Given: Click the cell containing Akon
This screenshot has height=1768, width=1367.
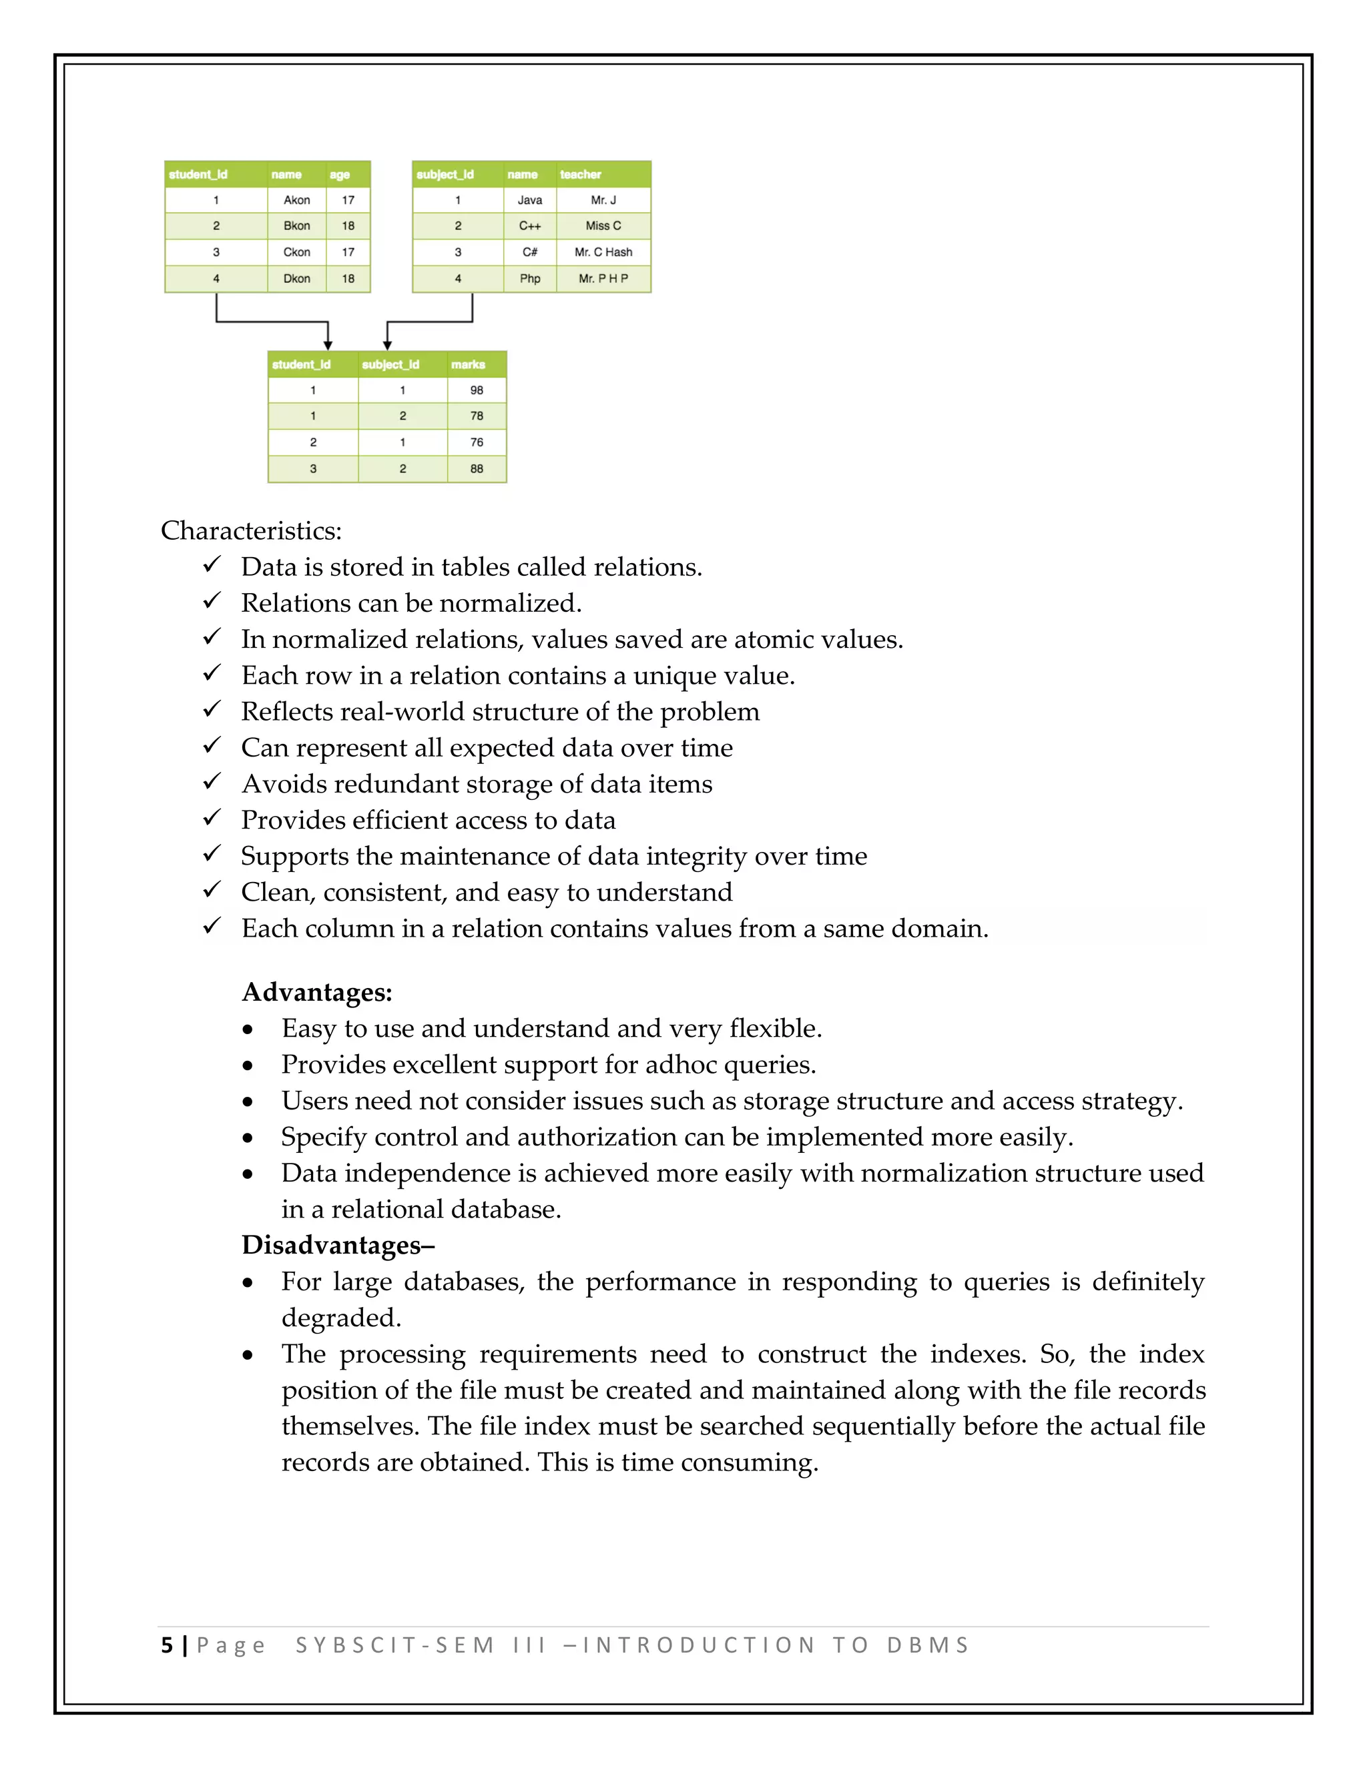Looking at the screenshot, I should point(296,200).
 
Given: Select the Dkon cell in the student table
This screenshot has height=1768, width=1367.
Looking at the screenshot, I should point(296,278).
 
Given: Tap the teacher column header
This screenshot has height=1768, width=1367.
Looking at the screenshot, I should point(581,174).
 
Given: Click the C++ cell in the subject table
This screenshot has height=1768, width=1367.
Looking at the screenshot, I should point(529,226).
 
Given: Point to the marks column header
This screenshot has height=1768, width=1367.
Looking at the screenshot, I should point(468,364).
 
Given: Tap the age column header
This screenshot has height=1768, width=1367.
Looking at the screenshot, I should point(339,174).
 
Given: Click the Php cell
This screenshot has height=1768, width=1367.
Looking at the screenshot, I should point(529,278).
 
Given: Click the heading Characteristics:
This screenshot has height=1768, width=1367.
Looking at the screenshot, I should point(251,531).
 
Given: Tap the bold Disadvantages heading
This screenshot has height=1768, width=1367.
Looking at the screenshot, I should point(337,1245).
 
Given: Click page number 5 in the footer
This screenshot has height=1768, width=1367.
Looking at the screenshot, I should point(167,1646).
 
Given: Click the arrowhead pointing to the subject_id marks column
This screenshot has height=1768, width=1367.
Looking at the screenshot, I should point(387,346).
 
